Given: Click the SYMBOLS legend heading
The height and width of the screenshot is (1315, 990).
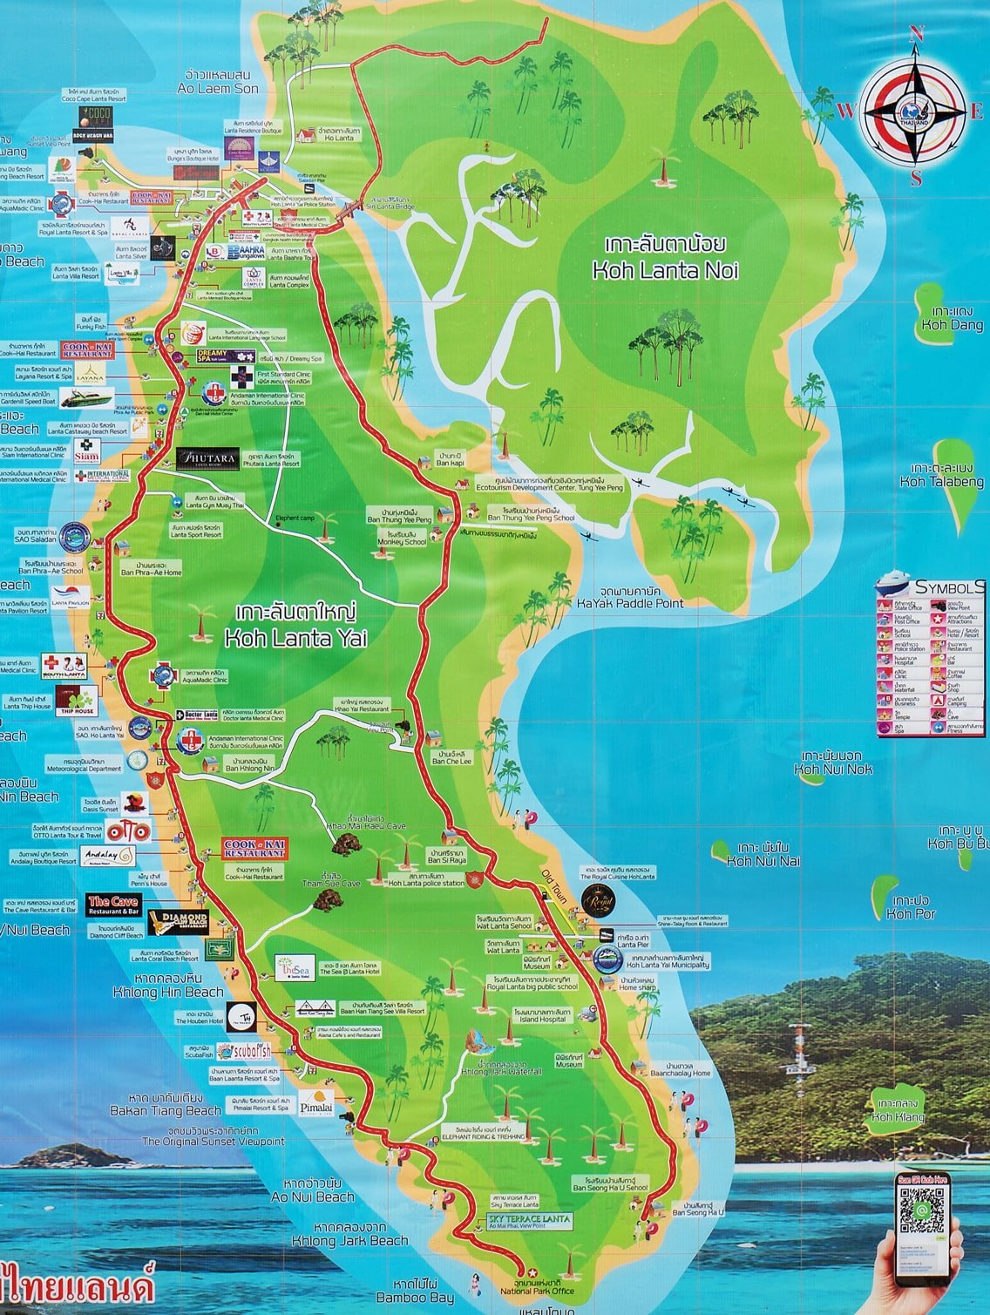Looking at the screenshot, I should pyautogui.click(x=949, y=587).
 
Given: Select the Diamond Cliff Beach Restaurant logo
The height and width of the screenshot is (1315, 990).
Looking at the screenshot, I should pyautogui.click(x=179, y=921).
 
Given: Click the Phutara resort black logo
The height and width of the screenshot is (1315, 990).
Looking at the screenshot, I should pyautogui.click(x=207, y=458).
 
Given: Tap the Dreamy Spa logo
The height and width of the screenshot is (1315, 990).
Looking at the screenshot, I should pyautogui.click(x=212, y=357).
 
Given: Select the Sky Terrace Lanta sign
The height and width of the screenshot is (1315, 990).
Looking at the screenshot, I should pyautogui.click(x=529, y=1218).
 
